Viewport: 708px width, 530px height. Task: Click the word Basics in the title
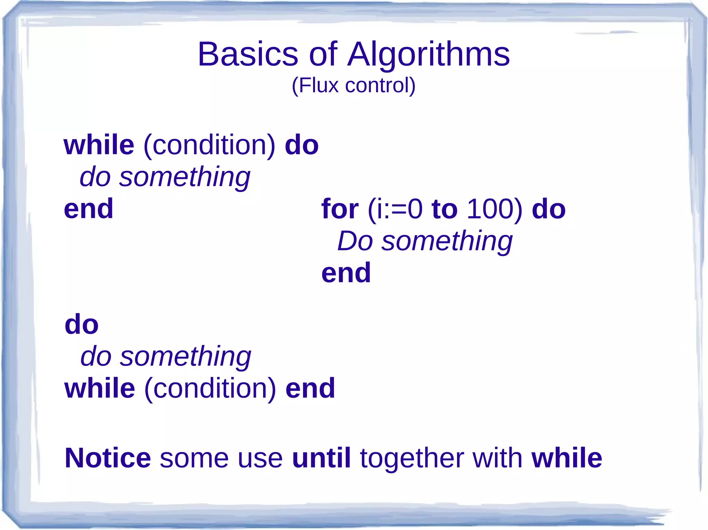click(248, 54)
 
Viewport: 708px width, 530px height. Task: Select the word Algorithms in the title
click(428, 54)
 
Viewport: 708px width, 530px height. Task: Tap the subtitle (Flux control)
click(353, 85)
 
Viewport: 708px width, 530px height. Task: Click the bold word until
click(321, 458)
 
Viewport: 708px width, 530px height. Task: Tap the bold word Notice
click(108, 458)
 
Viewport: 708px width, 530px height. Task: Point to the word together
click(411, 458)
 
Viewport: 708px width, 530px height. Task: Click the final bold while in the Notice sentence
click(567, 458)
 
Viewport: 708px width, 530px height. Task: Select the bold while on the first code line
click(99, 145)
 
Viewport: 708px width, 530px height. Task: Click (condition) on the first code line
click(209, 145)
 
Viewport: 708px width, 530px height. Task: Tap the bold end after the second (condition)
click(310, 388)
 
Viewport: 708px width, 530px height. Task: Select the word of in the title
click(323, 54)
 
